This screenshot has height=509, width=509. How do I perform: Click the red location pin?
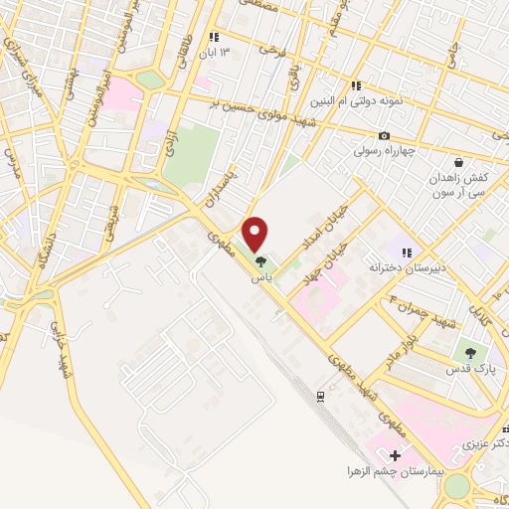pyautogui.click(x=256, y=233)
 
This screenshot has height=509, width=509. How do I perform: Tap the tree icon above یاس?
pyautogui.click(x=261, y=262)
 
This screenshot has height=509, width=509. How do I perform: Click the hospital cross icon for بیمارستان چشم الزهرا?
pyautogui.click(x=395, y=454)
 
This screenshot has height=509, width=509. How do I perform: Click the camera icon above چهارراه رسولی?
pyautogui.click(x=384, y=136)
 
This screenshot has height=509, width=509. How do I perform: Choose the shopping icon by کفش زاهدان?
pyautogui.click(x=458, y=162)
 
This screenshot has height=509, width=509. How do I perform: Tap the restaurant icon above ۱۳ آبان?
pyautogui.click(x=212, y=38)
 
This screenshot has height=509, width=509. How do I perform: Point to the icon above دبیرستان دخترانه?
pyautogui.click(x=406, y=253)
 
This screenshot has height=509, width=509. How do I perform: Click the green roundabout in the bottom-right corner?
pyautogui.click(x=456, y=486)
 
